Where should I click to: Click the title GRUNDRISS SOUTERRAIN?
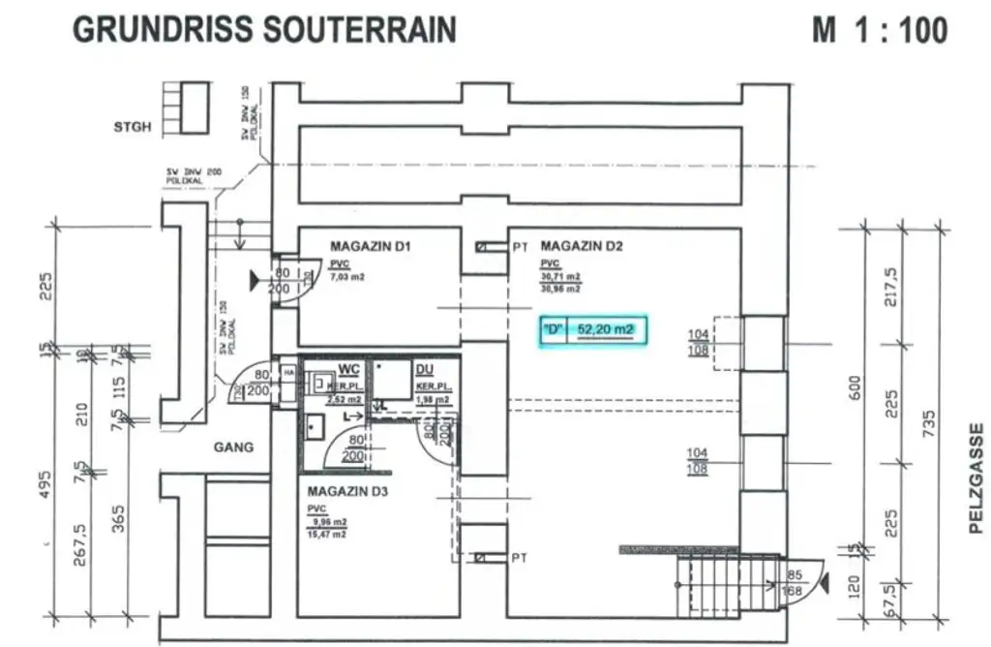tap(264, 29)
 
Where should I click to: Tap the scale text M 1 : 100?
tap(879, 30)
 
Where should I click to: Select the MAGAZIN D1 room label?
tap(371, 247)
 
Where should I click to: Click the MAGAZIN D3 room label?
tap(347, 491)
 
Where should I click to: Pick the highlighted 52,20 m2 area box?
tap(593, 330)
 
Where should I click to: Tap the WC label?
tap(347, 369)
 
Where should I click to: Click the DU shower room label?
tap(424, 369)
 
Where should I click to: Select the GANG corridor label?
tap(233, 447)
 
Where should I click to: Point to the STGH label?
tap(133, 127)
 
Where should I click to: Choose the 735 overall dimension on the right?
tap(930, 423)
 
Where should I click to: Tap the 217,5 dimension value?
tap(891, 287)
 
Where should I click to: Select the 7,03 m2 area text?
tap(347, 277)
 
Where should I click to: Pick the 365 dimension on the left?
tap(119, 520)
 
